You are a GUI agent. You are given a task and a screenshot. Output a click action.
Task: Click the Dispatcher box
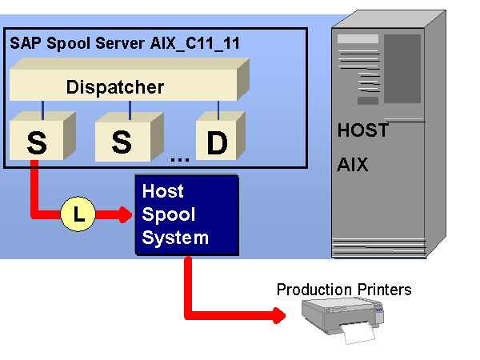pos(120,86)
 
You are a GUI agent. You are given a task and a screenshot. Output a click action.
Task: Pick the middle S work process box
pos(122,142)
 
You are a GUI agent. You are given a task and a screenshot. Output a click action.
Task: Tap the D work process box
pos(216,142)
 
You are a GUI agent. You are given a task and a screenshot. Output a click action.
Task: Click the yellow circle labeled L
pos(78,214)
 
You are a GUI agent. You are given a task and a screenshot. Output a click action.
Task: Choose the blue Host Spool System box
pos(186,214)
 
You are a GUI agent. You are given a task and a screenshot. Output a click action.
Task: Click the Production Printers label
pos(344,289)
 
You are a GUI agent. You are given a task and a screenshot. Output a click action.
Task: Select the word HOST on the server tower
pos(362,130)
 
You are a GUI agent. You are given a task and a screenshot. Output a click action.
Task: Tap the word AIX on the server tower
pos(353,166)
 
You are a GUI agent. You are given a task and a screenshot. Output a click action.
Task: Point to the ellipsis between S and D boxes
pos(179,158)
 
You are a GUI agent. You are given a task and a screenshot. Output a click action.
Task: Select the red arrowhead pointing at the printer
pos(279,314)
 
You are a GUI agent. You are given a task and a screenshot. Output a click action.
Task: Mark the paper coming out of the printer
pos(358,333)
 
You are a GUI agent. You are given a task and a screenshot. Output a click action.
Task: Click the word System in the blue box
pos(175,238)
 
